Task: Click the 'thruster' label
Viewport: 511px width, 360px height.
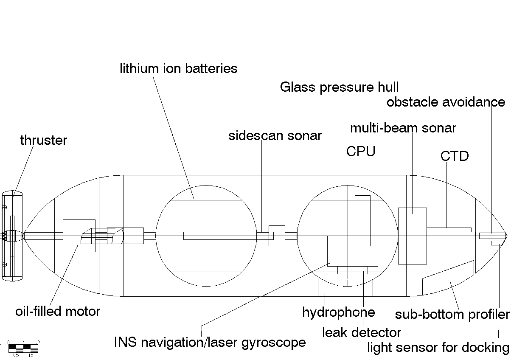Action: [x=43, y=141]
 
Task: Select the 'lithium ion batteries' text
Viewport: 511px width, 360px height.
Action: [x=178, y=68]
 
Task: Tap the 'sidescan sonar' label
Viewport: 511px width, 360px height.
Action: [x=275, y=136]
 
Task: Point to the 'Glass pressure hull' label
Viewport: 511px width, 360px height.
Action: [x=339, y=87]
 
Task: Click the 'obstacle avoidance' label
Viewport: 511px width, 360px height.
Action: [x=446, y=102]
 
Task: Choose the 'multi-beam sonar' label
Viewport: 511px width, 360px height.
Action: [x=403, y=128]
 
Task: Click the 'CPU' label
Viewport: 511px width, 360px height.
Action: [x=361, y=152]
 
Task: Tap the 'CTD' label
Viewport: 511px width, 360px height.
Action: [x=454, y=156]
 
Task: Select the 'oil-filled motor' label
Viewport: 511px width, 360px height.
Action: [x=58, y=311]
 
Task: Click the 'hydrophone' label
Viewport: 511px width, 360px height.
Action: [x=338, y=312]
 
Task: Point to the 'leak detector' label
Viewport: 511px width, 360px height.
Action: [x=362, y=332]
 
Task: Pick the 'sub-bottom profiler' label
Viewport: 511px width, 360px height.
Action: [x=452, y=315]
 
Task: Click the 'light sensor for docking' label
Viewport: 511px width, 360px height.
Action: [x=438, y=348]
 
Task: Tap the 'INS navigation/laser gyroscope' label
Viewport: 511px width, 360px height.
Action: [x=210, y=342]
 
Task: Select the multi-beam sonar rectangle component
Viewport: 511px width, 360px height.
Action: [x=412, y=236]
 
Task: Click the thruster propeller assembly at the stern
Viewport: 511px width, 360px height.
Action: [x=12, y=236]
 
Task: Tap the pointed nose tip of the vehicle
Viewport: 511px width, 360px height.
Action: [x=507, y=235]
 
